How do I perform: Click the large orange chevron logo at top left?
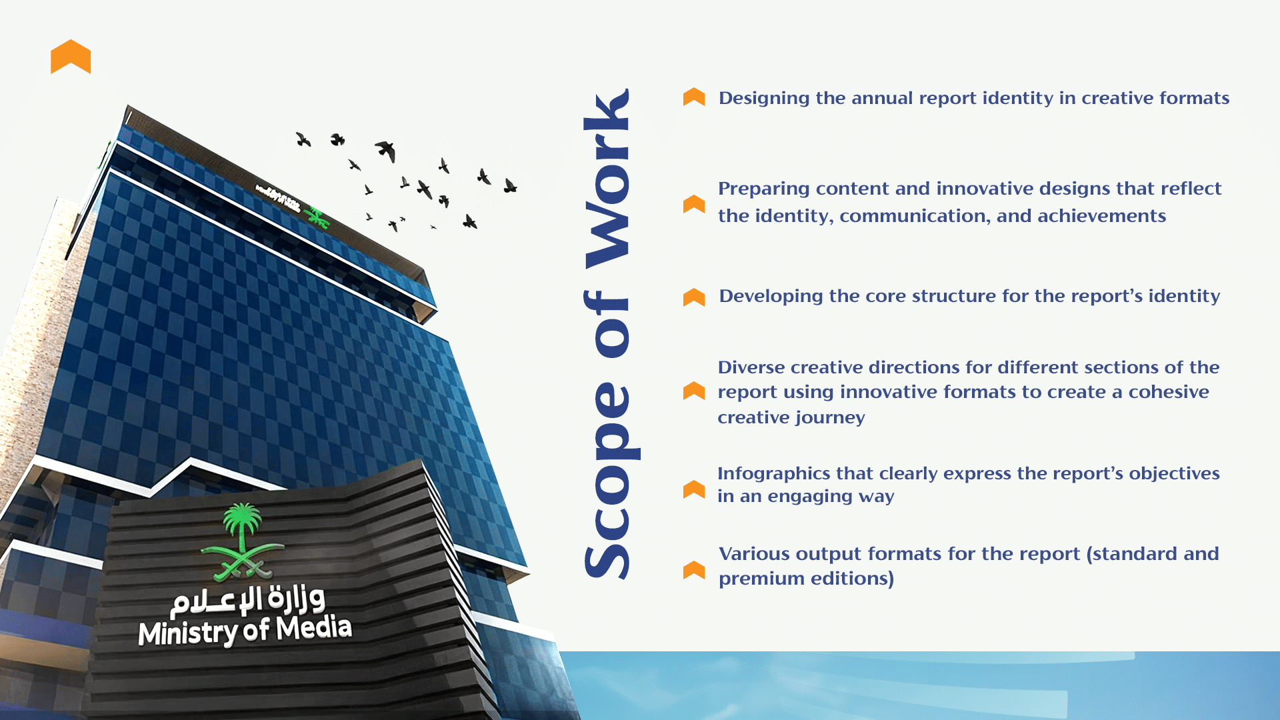[71, 57]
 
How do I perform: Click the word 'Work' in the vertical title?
[607, 179]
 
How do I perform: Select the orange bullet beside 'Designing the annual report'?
[694, 97]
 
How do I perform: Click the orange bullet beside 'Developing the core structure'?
[694, 297]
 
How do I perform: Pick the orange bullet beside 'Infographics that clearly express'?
[694, 489]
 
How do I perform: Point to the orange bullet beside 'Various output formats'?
[694, 569]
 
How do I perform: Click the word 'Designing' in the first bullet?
[764, 99]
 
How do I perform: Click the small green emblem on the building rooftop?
[316, 217]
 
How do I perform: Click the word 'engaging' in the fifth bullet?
[805, 497]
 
